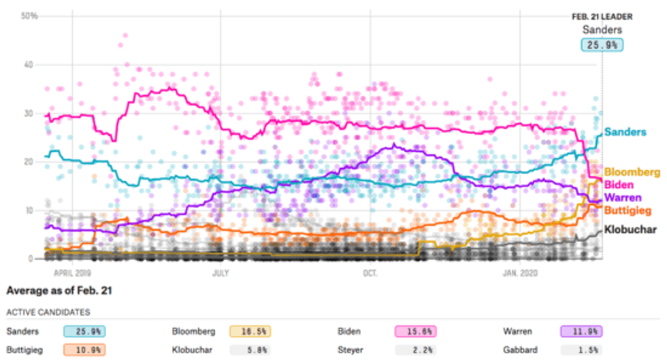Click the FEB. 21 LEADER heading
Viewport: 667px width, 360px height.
pos(602,16)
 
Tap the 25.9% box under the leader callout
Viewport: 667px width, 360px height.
pos(602,45)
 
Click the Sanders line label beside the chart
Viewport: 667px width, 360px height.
pos(625,132)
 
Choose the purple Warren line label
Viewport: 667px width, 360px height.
pos(622,197)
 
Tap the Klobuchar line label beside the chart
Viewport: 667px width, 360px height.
pos(631,230)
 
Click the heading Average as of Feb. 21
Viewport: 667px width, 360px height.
pos(59,291)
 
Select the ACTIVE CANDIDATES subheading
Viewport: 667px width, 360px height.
pos(48,312)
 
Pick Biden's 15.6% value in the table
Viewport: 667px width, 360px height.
pos(414,331)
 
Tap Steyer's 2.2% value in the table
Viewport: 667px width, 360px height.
pos(414,350)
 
